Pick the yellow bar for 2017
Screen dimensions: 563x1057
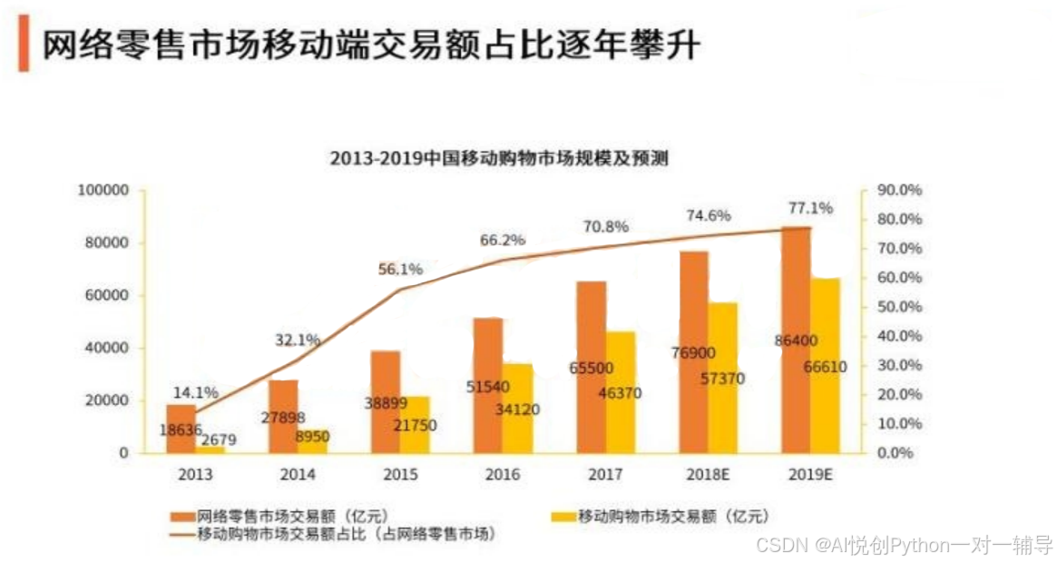coord(621,391)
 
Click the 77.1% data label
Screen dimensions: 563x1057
coord(810,208)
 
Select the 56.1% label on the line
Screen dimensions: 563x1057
coord(400,270)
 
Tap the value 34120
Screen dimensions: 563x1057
coord(517,410)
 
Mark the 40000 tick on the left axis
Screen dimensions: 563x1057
coord(109,349)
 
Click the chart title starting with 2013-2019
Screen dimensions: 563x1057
coord(499,159)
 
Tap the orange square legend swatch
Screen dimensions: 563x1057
coord(181,517)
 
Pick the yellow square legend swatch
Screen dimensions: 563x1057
coord(563,517)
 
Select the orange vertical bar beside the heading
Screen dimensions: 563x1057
coord(24,44)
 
